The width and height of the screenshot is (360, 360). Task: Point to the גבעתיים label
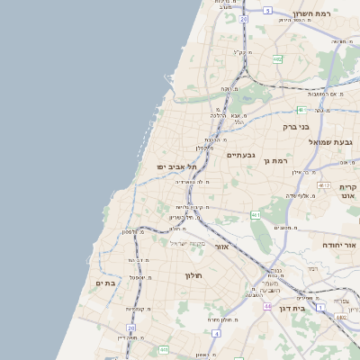pos(241,155)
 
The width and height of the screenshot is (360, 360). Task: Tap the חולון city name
pos(194,274)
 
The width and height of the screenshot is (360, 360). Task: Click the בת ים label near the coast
pos(106,283)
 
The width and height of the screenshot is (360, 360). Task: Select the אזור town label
pos(222,246)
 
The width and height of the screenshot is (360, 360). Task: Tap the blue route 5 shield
pos(267,11)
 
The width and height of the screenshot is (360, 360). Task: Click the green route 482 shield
pos(277,59)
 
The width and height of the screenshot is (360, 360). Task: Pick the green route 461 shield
pos(256,215)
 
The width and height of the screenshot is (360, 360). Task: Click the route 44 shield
pos(267,306)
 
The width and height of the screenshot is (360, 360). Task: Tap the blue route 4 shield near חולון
pos(217,333)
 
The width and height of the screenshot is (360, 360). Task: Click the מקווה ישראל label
pos(189,244)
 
